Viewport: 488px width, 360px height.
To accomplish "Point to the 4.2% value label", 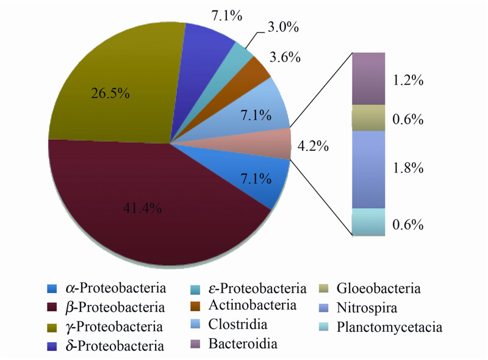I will point(313,146).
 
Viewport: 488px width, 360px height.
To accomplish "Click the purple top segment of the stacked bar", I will point(368,78).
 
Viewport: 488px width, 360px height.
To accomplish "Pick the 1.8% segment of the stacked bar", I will point(368,169).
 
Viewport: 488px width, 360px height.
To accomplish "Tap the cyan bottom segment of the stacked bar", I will point(368,221).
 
